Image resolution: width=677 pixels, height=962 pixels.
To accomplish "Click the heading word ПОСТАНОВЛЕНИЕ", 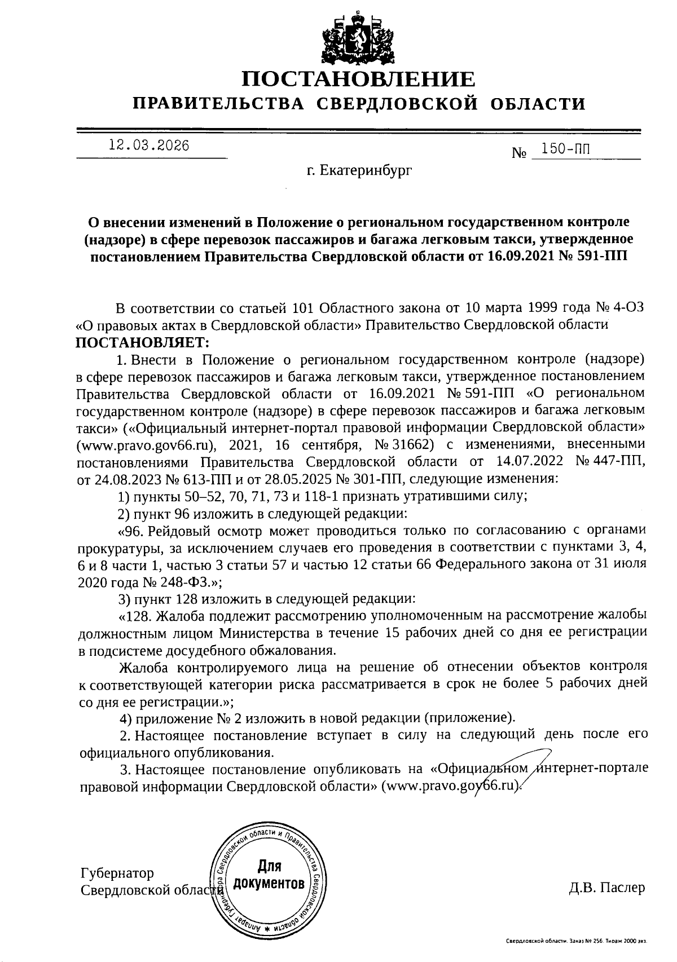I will pos(358,78).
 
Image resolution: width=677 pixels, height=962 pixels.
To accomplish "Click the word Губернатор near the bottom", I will pos(117,873).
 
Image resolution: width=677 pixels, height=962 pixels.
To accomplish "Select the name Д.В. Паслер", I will pos(606,888).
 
